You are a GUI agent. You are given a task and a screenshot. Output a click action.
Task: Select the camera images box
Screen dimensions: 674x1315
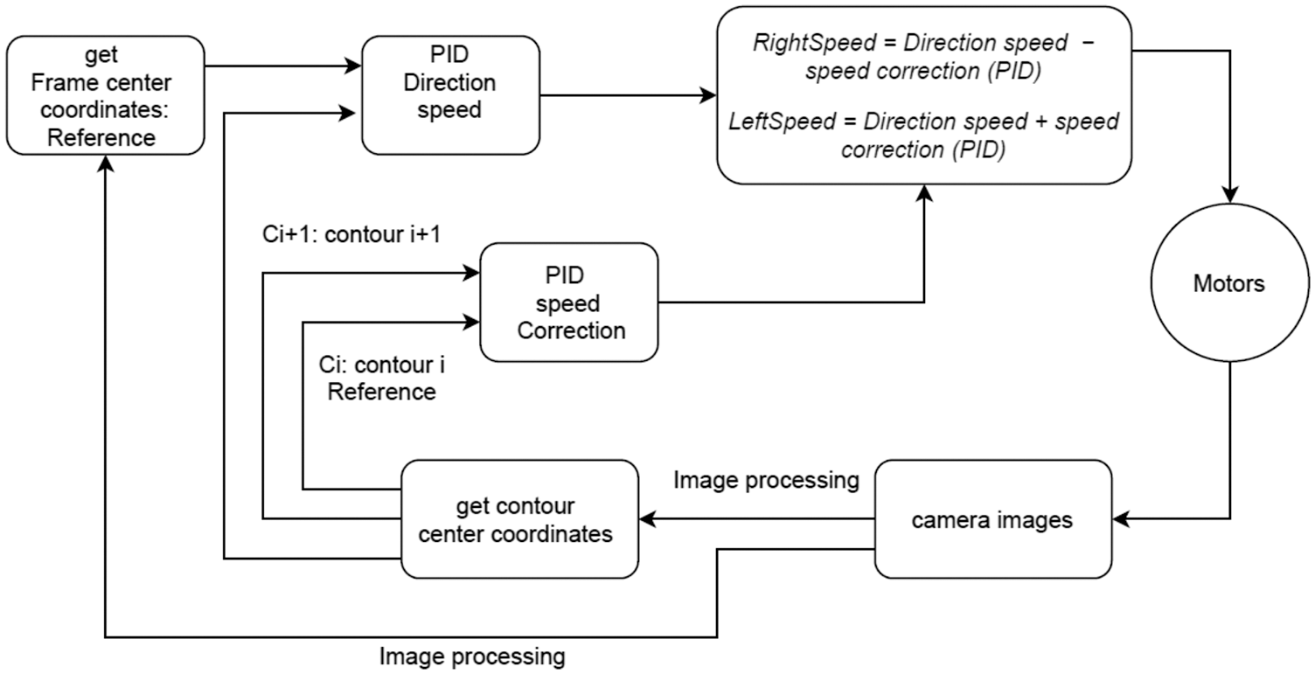point(992,520)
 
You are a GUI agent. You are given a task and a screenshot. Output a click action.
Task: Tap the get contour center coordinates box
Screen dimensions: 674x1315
point(519,519)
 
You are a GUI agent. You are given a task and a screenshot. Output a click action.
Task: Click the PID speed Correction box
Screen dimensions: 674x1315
point(569,302)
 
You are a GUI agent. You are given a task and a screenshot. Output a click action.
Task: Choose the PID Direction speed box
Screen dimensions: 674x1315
point(451,95)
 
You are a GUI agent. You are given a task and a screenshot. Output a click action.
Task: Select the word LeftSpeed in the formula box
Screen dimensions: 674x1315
point(782,122)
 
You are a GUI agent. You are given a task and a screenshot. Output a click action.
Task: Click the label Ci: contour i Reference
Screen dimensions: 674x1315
point(383,379)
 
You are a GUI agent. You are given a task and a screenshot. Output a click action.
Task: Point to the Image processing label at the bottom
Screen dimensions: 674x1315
point(472,655)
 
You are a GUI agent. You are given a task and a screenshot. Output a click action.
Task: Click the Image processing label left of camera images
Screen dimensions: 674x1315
point(766,480)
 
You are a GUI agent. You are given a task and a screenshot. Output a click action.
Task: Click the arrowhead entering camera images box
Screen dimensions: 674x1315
point(1120,520)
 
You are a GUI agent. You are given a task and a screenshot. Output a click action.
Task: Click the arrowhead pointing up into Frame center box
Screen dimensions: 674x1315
point(105,164)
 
